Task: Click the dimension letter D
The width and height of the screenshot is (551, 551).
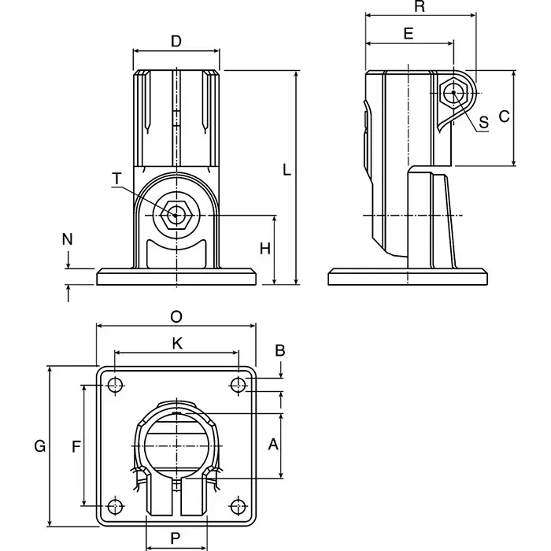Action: [x=176, y=41]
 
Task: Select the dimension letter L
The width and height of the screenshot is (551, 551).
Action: [x=287, y=170]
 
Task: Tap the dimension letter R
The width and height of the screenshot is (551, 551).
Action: [x=420, y=7]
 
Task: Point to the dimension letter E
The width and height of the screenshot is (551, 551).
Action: [x=408, y=33]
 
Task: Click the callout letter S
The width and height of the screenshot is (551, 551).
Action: [x=484, y=122]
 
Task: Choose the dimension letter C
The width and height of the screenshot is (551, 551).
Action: [x=505, y=116]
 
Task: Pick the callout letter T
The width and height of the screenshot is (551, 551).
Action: [x=116, y=179]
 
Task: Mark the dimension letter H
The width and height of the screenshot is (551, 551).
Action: [x=265, y=249]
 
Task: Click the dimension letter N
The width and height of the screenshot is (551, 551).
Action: [x=68, y=237]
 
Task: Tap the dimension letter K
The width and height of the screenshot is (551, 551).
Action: [x=176, y=343]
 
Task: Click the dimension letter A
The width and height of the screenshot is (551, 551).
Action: [x=273, y=445]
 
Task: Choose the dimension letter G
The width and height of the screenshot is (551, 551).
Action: [x=39, y=446]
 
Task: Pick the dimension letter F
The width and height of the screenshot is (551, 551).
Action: [x=76, y=446]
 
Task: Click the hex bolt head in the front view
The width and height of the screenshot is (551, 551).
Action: [x=177, y=214]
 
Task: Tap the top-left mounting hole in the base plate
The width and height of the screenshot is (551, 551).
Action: [x=116, y=385]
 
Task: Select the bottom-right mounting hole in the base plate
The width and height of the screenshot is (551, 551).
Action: [x=238, y=506]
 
